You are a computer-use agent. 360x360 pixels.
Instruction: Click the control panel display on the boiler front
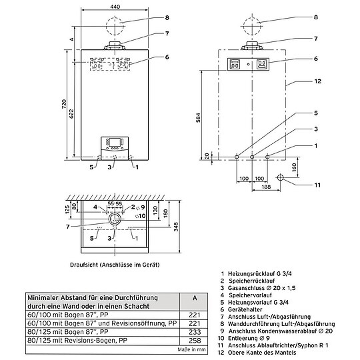coord(113,145)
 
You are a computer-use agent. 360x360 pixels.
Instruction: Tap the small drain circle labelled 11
coord(281,178)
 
